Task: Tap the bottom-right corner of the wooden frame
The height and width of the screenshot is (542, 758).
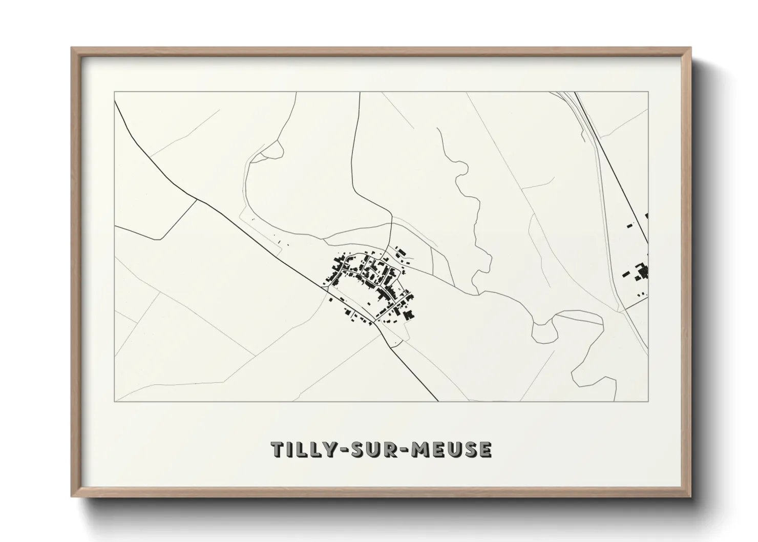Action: pos(690,496)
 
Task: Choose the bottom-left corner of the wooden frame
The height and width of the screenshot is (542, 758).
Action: pos(72,496)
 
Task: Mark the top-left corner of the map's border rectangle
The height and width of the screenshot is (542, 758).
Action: pos(114,92)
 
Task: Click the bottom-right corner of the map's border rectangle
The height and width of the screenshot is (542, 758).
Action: pos(648,402)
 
